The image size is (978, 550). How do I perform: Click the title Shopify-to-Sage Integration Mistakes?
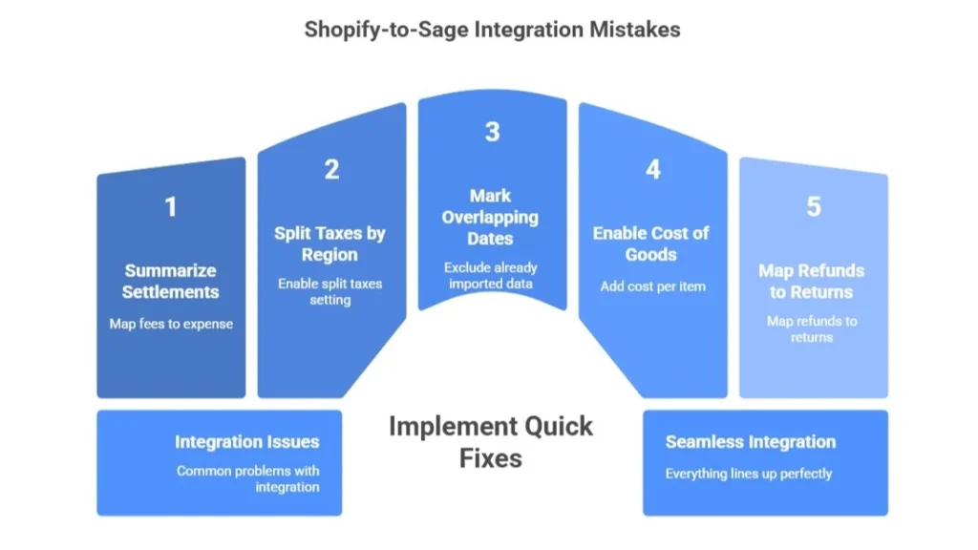click(492, 30)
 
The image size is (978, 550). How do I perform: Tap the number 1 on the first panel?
click(171, 206)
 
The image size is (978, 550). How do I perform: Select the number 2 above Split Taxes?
click(331, 169)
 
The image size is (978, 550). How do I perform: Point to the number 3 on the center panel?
click(492, 132)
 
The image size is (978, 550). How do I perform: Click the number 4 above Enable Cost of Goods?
click(652, 169)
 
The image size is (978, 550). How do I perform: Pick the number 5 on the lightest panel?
click(813, 206)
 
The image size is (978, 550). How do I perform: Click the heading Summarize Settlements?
click(171, 282)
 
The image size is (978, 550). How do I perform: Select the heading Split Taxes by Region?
click(330, 244)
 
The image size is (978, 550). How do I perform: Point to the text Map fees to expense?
click(171, 324)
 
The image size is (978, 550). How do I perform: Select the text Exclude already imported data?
click(491, 275)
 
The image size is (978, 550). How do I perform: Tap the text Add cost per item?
click(652, 286)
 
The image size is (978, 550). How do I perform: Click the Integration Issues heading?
click(246, 442)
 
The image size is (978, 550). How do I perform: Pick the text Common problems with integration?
click(247, 478)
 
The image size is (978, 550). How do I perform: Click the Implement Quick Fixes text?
click(490, 441)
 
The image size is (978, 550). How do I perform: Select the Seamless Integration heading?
click(750, 442)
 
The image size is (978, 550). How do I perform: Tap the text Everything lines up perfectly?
click(749, 474)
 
